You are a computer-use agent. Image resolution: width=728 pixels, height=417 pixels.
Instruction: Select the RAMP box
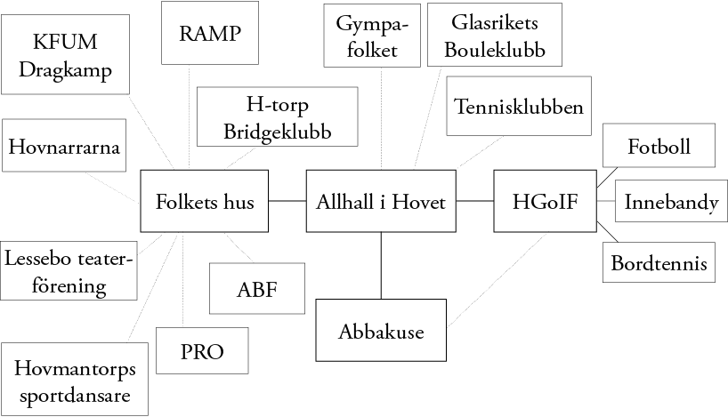coord(210,33)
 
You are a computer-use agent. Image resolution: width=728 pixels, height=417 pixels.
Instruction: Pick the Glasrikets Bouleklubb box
coord(494,34)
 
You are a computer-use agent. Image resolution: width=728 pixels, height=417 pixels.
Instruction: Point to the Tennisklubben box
coord(518,108)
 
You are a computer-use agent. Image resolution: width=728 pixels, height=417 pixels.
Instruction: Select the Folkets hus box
coord(205,202)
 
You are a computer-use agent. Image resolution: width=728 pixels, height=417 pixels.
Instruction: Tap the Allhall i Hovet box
coord(381,202)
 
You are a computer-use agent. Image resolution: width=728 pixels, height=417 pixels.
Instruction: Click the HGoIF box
coord(545,202)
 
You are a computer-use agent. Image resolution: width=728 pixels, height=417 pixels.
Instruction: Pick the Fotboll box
coord(659,146)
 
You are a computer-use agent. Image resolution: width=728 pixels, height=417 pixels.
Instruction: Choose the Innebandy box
coord(670,202)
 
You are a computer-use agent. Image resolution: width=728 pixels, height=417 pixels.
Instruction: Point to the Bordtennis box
coord(659,263)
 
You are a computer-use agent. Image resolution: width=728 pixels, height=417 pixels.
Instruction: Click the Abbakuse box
coord(381,332)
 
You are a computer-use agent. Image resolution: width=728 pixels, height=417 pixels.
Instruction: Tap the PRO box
coord(202,351)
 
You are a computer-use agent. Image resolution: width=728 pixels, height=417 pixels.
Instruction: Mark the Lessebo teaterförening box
coord(69,271)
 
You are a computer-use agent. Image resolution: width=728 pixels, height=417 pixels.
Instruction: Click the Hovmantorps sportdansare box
coord(75,380)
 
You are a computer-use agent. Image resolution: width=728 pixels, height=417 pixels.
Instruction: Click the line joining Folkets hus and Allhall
coord(286,202)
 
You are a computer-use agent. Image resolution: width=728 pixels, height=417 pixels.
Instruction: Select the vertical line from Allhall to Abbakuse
coord(381,265)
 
